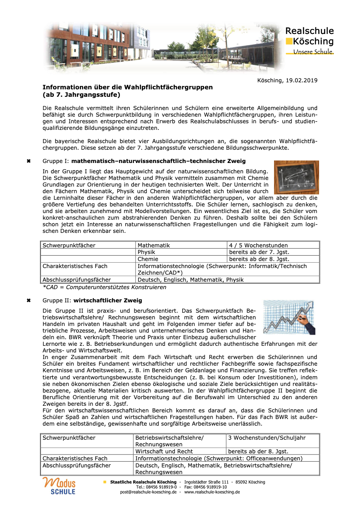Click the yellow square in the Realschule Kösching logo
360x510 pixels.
pos(288,41)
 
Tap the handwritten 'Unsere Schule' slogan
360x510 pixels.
pos(313,52)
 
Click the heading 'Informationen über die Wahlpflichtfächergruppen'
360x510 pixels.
pos(128,87)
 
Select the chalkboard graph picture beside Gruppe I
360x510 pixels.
pos(296,177)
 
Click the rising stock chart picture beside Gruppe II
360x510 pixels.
pos(289,318)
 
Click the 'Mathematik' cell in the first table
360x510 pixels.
pos(153,245)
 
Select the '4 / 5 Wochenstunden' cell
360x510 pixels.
pos(258,245)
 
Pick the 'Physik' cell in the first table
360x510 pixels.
pos(146,252)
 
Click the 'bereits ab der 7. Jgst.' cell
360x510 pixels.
pos(259,252)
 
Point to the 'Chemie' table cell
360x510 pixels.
pos(148,259)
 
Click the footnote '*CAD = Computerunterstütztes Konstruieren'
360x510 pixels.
pos(105,287)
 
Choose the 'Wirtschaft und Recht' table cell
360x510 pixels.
pos(164,451)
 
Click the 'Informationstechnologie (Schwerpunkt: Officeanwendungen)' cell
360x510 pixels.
pos(219,458)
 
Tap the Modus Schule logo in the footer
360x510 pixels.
pos(59,486)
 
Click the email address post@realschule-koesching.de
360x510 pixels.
pos(148,492)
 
